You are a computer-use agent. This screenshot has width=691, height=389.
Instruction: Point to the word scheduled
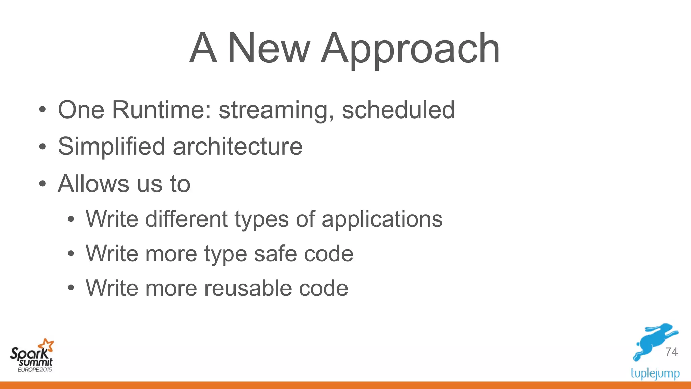[398, 110]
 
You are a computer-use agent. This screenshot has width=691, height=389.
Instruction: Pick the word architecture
[238, 147]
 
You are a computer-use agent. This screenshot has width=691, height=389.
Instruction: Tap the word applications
[382, 220]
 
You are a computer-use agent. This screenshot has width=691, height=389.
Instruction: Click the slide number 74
[671, 352]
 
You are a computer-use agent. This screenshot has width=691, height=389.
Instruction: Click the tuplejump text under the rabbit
[655, 373]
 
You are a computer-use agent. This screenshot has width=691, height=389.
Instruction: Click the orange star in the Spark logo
[46, 345]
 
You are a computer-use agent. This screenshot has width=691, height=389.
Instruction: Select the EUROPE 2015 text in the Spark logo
[35, 370]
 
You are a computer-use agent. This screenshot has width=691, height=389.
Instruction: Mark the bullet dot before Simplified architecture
[42, 147]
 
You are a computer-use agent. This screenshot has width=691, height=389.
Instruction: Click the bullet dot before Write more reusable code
[70, 288]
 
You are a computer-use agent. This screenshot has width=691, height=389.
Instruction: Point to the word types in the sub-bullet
[261, 220]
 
